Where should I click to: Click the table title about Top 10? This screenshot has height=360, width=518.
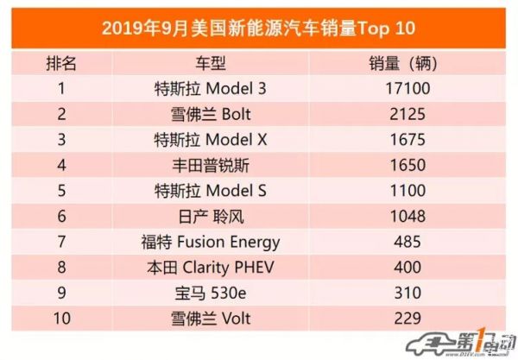[x=258, y=28]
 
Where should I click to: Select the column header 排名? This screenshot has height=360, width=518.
[x=60, y=64]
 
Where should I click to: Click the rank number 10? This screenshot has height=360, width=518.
[x=61, y=318]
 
